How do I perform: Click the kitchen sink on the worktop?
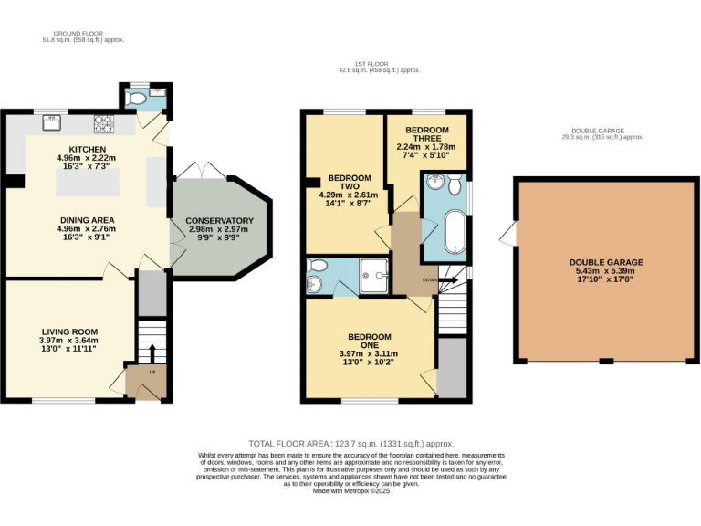pos(52,120)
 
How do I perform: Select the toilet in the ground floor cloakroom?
pos(137,95)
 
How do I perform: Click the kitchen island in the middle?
pos(88,183)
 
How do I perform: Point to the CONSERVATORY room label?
pos(219,221)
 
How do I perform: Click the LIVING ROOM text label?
pos(69,331)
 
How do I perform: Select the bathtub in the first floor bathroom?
pos(454,232)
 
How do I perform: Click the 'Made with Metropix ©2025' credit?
pos(351,490)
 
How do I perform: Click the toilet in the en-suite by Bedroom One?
pos(317,266)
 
